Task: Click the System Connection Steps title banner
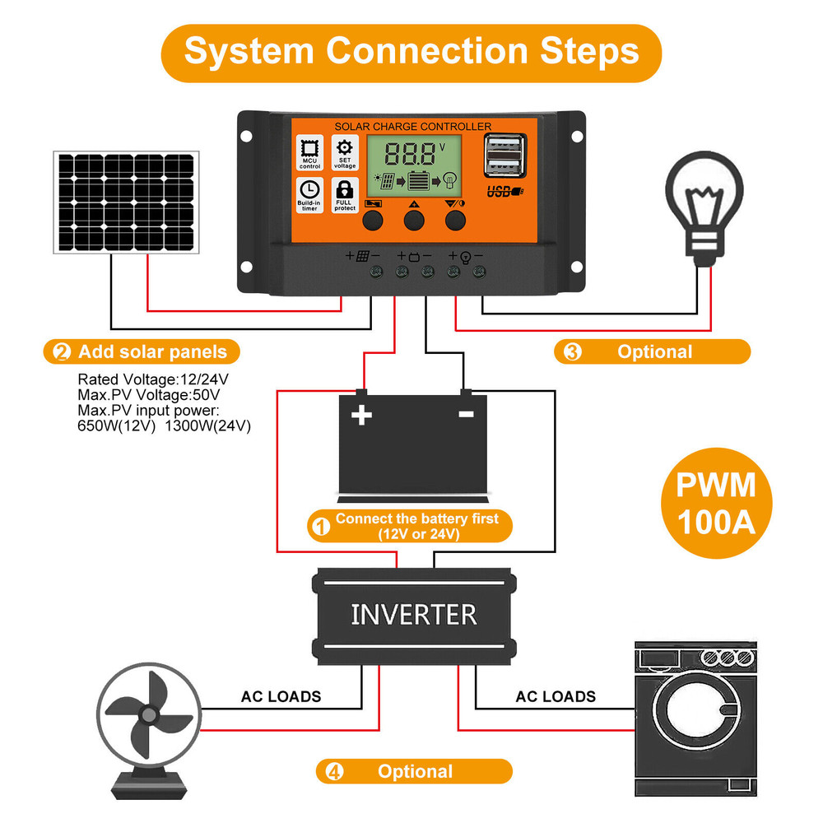pos(411,51)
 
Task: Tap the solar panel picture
pos(127,202)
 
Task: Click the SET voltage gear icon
pos(344,153)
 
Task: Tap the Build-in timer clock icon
pos(309,195)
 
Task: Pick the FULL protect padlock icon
pos(344,195)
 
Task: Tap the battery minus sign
pos(466,414)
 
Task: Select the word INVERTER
pos(413,615)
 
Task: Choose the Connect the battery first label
pos(409,526)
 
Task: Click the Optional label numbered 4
pos(413,772)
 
